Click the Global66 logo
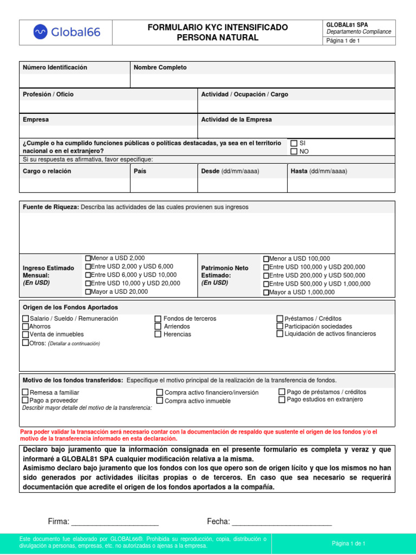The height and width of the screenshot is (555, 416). tap(67, 33)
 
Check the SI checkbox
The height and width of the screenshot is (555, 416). tap(294, 143)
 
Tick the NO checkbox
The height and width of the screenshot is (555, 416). tap(294, 151)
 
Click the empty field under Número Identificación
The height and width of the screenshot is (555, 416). tap(75, 81)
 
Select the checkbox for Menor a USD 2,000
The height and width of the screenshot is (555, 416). tap(88, 259)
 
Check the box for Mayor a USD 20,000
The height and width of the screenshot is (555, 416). tap(88, 292)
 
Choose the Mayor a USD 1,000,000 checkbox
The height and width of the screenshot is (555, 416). tap(266, 292)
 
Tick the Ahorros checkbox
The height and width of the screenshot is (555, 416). tap(25, 327)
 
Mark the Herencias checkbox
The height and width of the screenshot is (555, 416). tap(158, 334)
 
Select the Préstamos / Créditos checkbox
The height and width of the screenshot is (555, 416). tap(279, 319)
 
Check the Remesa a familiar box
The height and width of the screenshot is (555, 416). tap(25, 392)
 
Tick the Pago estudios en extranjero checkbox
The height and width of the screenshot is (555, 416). tap(282, 399)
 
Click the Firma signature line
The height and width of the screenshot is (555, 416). tap(115, 522)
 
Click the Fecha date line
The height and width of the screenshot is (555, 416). tap(282, 522)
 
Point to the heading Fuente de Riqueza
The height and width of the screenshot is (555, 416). tap(51, 207)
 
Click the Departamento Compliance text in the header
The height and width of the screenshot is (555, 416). tap(359, 32)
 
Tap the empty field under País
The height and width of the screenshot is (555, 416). tap(164, 185)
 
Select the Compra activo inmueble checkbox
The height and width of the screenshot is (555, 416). tap(160, 401)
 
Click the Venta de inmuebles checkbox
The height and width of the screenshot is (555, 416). tap(25, 334)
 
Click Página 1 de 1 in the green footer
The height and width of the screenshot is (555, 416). tap(348, 543)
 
